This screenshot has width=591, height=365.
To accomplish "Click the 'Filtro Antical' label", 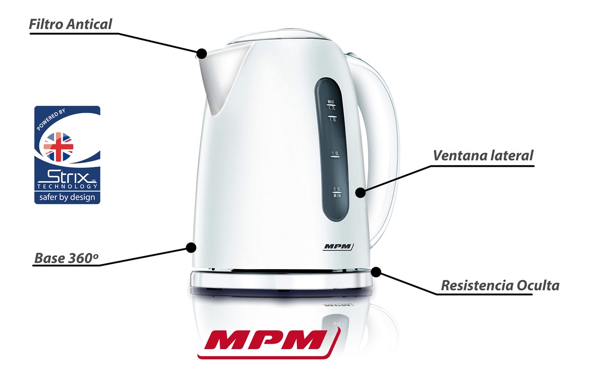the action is tap(70, 24).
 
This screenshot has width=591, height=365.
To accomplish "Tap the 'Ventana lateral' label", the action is tap(483, 155).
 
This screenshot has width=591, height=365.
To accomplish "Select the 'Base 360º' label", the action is tap(66, 258).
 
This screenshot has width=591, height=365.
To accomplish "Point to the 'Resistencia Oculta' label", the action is tap(500, 285).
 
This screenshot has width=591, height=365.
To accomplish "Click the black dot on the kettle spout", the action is tap(202, 54).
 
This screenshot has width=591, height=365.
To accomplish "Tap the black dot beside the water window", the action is tap(361, 192).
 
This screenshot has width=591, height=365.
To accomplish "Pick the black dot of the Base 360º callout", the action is tap(191, 247).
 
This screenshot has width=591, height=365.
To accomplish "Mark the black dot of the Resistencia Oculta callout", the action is tap(376, 272).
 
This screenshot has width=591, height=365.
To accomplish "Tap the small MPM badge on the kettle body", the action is tap(338, 246).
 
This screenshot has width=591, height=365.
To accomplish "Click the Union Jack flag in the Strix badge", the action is tap(58, 147).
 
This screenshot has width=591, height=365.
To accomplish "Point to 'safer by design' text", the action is tap(67, 197).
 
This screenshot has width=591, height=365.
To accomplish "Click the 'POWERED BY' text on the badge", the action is tap(51, 120).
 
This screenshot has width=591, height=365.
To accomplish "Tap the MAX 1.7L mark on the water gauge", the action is tap(331, 105).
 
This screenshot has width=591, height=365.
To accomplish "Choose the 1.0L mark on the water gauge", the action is tap(335, 154).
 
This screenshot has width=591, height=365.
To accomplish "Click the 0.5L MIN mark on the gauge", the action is tap(337, 192).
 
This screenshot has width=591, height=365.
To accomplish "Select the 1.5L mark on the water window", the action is tap(332, 119).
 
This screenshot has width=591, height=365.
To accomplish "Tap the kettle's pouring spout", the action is tap(219, 79).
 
